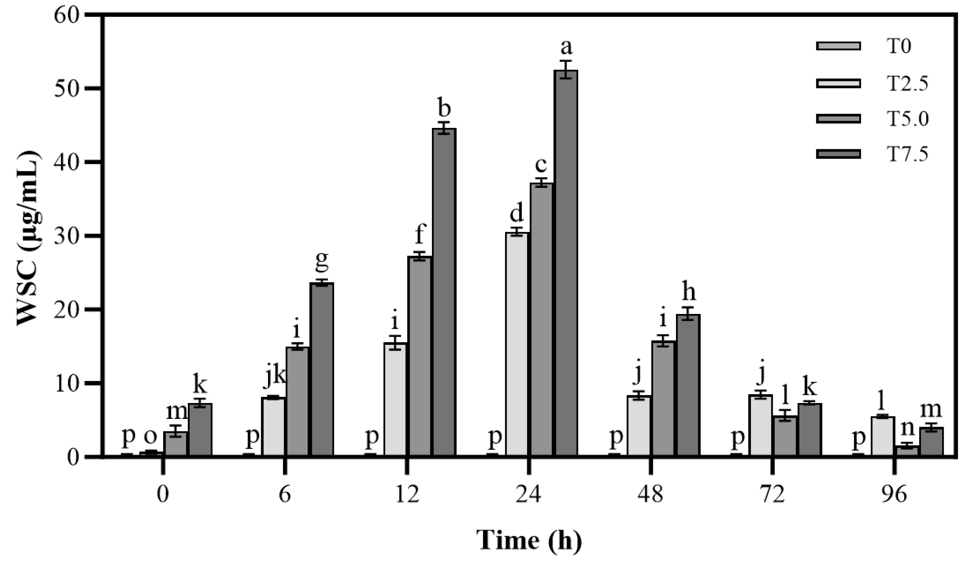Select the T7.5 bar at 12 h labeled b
(444, 292)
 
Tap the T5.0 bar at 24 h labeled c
(541, 320)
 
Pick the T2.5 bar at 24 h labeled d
(517, 345)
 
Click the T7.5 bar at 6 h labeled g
(322, 370)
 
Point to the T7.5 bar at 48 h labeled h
(688, 386)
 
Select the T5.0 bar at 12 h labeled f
(420, 357)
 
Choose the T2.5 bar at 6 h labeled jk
(273, 427)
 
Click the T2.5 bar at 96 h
(883, 437)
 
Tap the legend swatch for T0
(838, 46)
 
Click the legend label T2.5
(907, 83)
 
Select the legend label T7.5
(907, 155)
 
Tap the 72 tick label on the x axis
(773, 494)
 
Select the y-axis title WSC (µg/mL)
(29, 238)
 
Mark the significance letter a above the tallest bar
(566, 48)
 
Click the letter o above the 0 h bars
(150, 437)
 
